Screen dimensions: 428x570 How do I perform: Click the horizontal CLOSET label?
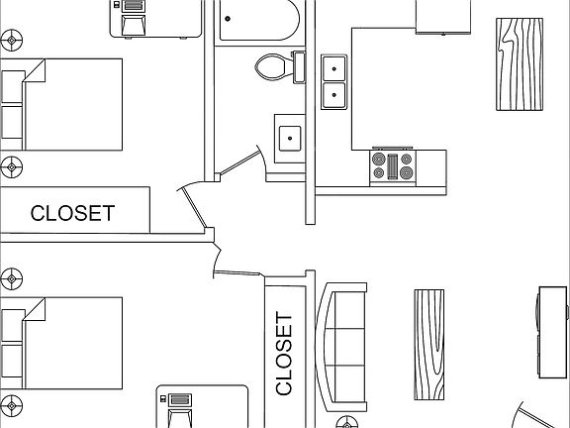(72, 213)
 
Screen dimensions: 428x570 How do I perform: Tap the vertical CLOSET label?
(284, 354)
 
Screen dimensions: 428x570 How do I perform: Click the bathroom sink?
(290, 137)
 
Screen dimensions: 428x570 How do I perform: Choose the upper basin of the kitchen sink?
(334, 68)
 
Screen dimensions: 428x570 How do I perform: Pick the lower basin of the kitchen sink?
(334, 95)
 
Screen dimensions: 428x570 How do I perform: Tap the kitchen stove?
(392, 165)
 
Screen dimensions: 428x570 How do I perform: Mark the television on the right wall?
(550, 332)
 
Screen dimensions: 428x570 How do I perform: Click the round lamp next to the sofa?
(348, 423)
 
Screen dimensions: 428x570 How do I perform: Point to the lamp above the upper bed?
(13, 40)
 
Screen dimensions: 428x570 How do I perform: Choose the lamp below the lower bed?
(12, 404)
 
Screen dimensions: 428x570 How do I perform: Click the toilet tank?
(299, 67)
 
